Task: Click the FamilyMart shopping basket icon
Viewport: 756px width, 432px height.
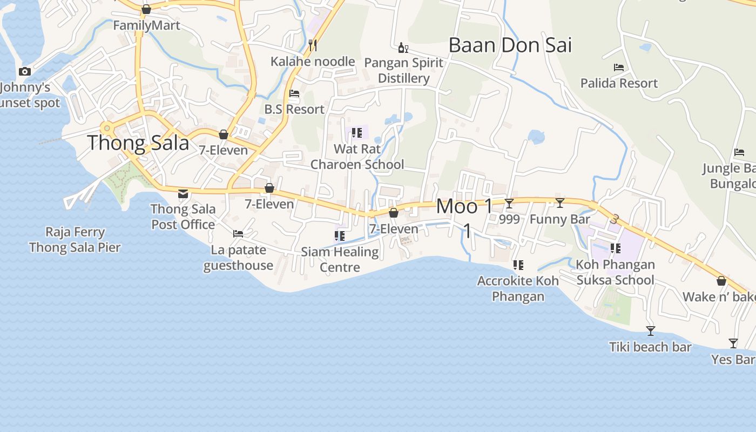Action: (146, 9)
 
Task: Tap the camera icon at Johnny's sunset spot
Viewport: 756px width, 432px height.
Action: (24, 71)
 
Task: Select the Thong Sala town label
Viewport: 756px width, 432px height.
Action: (138, 143)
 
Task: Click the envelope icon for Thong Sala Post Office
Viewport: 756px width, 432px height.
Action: (183, 193)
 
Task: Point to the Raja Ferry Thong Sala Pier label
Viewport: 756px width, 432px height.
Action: (75, 240)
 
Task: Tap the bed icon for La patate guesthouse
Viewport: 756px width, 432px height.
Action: (238, 234)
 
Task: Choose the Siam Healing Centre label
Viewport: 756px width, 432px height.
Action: (340, 259)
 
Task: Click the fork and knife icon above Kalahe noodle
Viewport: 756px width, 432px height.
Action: (312, 45)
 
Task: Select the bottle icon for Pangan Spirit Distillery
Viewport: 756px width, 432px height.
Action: (403, 48)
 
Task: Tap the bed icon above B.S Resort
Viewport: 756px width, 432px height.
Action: (294, 93)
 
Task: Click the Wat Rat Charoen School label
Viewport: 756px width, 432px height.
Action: (357, 157)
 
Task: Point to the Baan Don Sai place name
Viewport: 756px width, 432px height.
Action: (510, 45)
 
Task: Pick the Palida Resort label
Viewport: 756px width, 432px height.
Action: (619, 83)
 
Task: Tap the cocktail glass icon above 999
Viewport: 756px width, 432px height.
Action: (509, 204)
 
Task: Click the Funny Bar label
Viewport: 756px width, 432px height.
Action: (560, 219)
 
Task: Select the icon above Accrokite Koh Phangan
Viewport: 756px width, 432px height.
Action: (518, 265)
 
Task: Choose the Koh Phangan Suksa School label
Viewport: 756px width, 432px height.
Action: (616, 272)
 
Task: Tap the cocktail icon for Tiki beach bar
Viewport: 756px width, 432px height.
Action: (651, 331)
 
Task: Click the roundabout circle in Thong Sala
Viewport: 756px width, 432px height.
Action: (107, 129)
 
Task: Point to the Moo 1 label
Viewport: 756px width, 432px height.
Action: (464, 206)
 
